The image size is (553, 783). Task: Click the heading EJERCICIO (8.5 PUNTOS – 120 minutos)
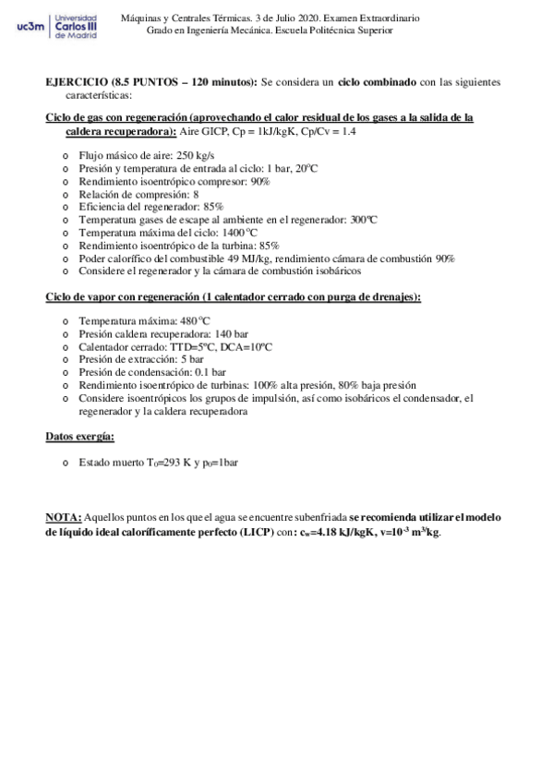point(151,82)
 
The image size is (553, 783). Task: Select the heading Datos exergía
point(80,436)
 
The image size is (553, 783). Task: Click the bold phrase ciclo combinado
point(378,82)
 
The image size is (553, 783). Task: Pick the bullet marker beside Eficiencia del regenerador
point(65,208)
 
